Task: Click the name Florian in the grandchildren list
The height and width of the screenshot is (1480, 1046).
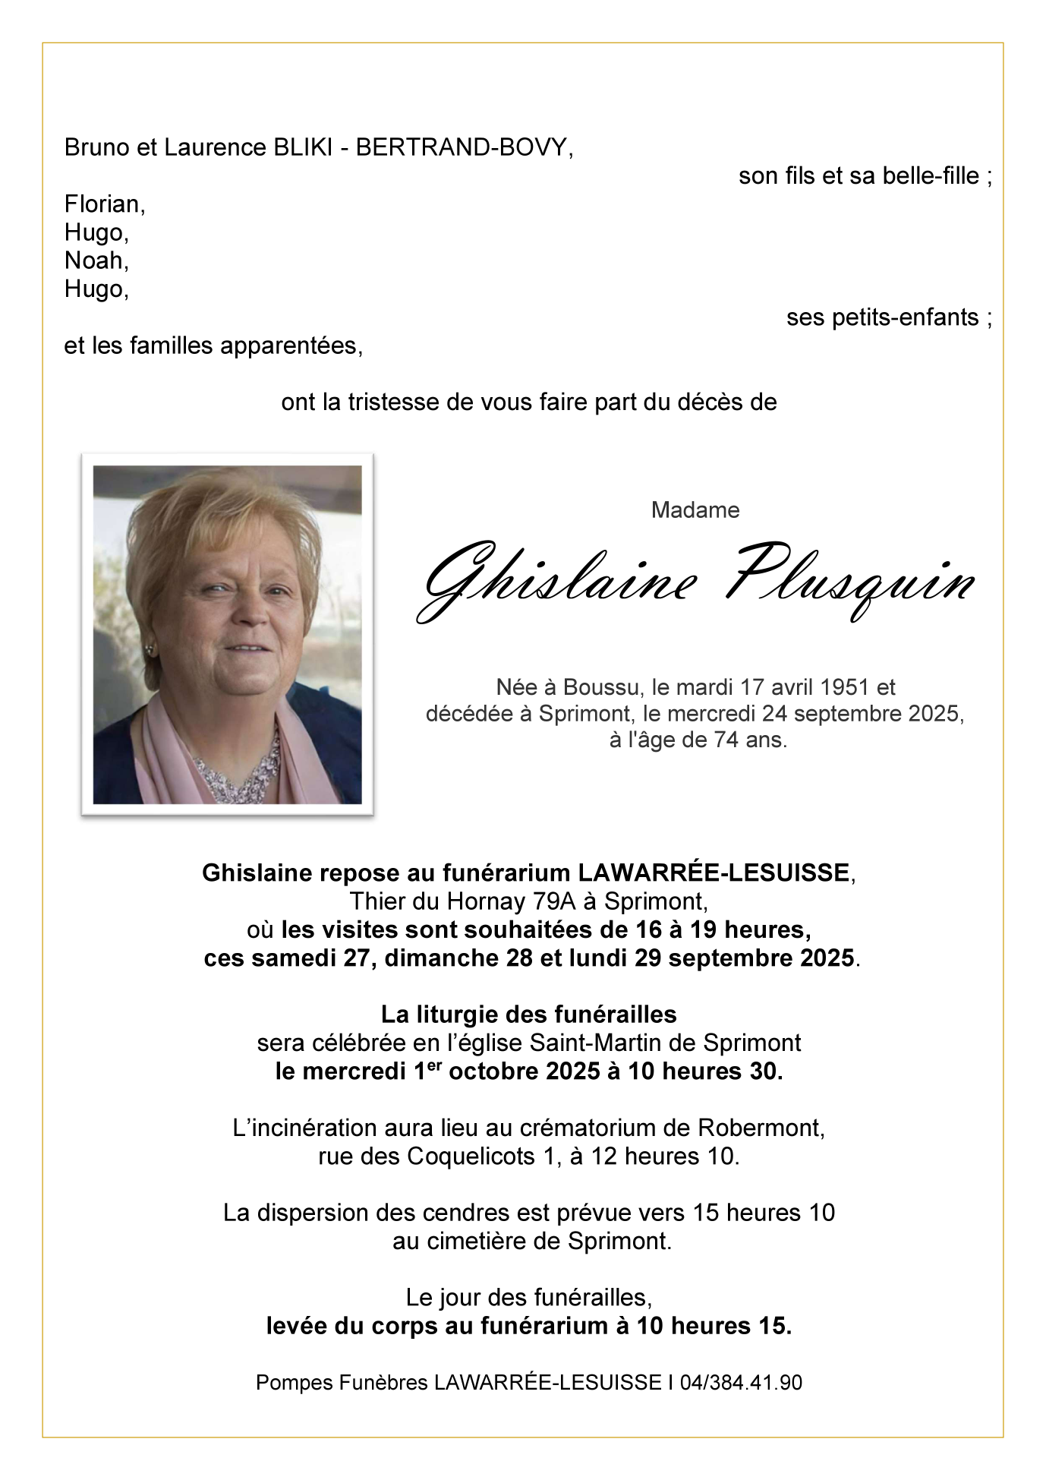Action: point(103,204)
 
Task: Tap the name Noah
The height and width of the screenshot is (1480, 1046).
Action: point(95,260)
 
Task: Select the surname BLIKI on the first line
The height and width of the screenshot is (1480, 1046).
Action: point(302,147)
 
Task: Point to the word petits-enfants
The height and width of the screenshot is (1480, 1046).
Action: point(882,317)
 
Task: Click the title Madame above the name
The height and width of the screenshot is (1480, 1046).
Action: point(695,510)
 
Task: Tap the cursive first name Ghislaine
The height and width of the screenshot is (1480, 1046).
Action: point(558,582)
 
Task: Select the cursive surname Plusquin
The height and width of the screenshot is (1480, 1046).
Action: point(849,582)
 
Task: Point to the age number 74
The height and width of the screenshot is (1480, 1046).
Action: point(726,740)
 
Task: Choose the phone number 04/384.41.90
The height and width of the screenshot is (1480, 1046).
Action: point(741,1382)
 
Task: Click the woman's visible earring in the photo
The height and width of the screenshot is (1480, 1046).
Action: point(150,650)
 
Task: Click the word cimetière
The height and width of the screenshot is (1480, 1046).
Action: point(495,1241)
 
